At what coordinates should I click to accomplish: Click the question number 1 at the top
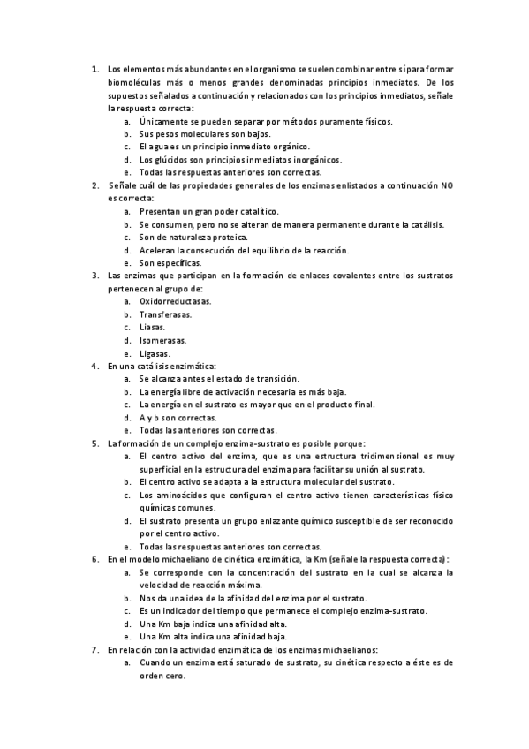pos(94,69)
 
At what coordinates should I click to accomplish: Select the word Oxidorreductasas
pos(170,301)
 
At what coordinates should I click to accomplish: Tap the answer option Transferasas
pos(165,314)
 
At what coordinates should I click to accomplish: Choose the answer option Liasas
pos(152,328)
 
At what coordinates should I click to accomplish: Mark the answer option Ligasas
pos(155,353)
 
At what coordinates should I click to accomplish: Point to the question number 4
pos(94,366)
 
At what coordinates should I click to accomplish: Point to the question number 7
pos(94,649)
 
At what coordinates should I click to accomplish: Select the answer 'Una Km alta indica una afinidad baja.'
pos(213,636)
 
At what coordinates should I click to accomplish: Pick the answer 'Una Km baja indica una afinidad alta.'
pos(213,624)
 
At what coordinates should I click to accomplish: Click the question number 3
pos(94,276)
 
